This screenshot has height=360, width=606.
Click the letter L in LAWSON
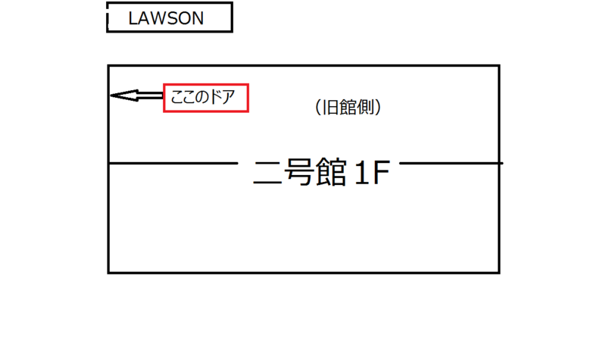(133, 18)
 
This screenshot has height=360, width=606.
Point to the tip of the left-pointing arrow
(111, 95)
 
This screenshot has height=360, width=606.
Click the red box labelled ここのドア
(206, 98)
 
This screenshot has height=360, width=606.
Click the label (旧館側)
(347, 108)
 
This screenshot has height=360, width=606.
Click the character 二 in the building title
(265, 174)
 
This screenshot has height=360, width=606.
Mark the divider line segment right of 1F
(451, 163)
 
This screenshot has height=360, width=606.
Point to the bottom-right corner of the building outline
(498, 272)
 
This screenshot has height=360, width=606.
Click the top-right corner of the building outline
(498, 66)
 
